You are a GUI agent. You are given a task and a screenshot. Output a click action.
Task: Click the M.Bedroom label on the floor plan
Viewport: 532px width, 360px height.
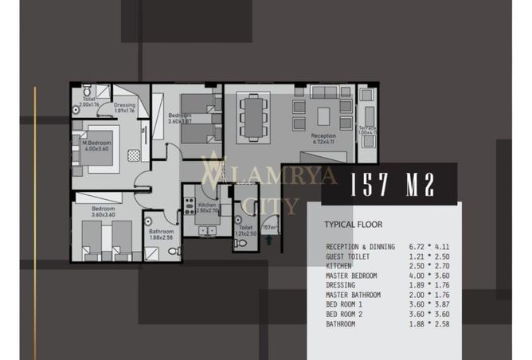[96, 145]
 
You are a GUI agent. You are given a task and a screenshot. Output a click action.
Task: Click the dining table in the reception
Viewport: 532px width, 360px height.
[254, 115]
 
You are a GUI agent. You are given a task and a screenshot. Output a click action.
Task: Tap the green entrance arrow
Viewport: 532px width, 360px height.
[270, 237]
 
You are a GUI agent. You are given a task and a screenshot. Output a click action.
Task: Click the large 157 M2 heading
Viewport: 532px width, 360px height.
[393, 185]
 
